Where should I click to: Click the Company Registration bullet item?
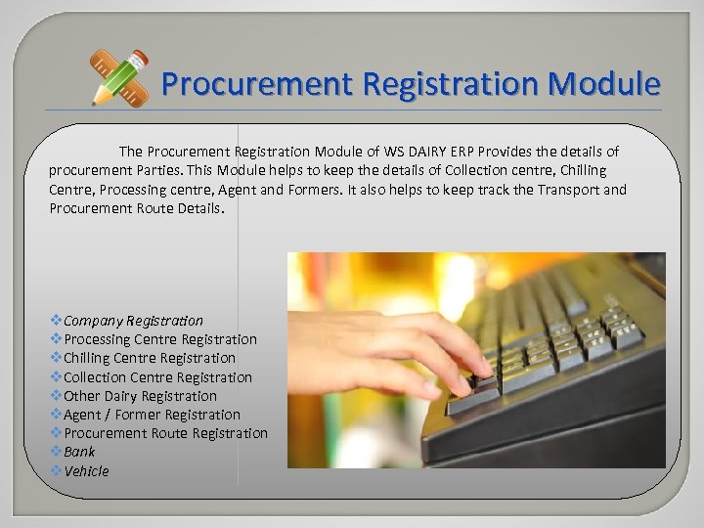133,321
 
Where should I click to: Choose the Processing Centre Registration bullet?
160,339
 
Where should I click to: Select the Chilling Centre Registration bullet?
150,358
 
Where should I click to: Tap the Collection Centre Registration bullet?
157,377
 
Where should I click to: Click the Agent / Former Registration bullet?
152,415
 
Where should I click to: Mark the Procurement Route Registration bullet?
165,433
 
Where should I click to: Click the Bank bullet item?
79,452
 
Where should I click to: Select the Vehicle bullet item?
86,471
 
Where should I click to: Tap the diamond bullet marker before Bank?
56,452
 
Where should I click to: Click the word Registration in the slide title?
449,84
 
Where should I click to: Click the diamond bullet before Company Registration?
56,321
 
